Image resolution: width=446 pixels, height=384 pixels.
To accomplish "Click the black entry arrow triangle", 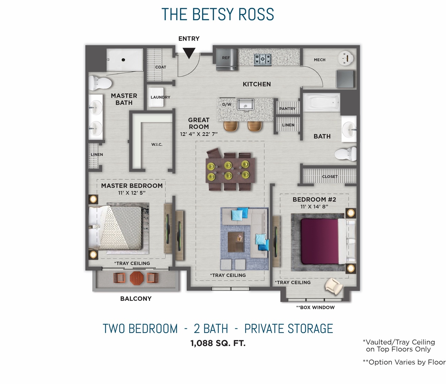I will pos(189,53).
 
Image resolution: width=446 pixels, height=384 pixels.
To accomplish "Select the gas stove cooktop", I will pos(263,59).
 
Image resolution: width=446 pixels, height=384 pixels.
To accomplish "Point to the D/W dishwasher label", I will pos(227,105).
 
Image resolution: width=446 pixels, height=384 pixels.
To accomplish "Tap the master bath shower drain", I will pos(123,60).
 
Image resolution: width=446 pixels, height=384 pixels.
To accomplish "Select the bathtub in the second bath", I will pos(322,103).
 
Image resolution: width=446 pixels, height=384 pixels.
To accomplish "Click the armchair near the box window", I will pos(333,286).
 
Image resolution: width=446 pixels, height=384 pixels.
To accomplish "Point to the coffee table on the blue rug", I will pos(236,237).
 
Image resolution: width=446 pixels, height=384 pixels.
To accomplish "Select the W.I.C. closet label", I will pos(157,144).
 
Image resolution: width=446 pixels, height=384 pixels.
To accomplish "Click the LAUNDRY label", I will pos(160,97).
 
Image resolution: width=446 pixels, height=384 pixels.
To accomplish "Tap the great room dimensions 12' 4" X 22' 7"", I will pos(199,134).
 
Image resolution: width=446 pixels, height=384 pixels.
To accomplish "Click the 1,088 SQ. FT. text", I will pos(218,343).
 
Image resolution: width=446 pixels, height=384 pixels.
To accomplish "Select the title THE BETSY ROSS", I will pos(218,15).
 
